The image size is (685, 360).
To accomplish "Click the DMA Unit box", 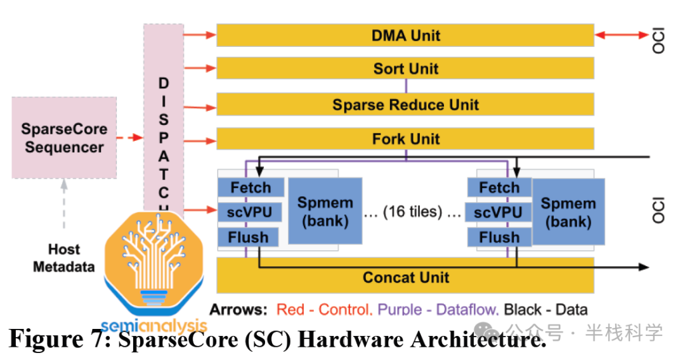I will (x=405, y=35).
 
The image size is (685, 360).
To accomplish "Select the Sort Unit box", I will (x=405, y=68).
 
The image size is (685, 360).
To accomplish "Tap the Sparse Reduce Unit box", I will (x=405, y=104).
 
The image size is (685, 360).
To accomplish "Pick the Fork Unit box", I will (x=405, y=138).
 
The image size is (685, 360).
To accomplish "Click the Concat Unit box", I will (x=405, y=277).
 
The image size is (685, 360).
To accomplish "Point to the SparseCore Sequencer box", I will (x=64, y=138).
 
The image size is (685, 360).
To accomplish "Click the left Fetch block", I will (x=250, y=188).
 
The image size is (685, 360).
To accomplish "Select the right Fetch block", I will (x=499, y=188).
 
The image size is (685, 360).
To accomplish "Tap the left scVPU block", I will (x=250, y=212).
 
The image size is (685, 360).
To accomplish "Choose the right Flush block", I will (x=499, y=237).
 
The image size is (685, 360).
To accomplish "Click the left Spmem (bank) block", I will (x=325, y=211).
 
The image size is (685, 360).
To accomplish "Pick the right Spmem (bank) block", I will (x=568, y=212).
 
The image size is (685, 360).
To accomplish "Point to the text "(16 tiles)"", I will (x=412, y=212).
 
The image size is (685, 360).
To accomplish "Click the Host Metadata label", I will (x=63, y=258).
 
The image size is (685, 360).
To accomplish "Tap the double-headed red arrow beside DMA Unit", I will (x=622, y=35).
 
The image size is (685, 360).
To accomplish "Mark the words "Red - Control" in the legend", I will (x=323, y=310).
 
